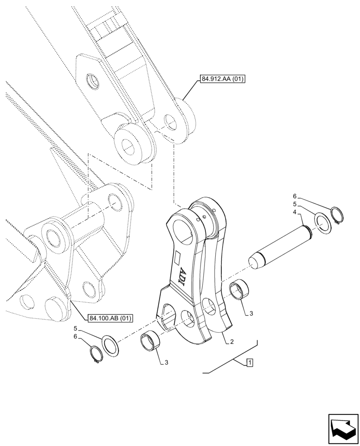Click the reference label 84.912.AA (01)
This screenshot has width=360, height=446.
click(223, 80)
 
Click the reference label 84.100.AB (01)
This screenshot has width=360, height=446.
click(111, 318)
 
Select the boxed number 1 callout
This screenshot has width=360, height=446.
click(250, 363)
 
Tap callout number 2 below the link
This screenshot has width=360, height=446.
click(232, 342)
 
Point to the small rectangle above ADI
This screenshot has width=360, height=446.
click(177, 257)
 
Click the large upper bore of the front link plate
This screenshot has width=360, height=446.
click(182, 231)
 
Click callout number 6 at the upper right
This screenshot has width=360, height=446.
click(295, 196)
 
